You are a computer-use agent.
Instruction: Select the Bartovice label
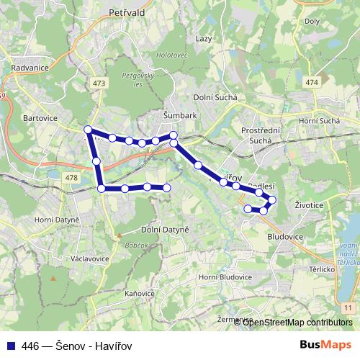pos(40,117)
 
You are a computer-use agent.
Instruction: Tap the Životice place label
pos(308,204)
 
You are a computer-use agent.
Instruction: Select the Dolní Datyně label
pos(165,229)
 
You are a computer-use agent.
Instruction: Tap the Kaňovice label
pos(139,294)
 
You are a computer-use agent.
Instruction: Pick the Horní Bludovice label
pos(226,277)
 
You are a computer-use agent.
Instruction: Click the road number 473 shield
pos(99,84)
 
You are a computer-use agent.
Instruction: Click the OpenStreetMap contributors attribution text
pos(297,323)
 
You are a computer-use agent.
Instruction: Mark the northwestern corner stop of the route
pos(88,130)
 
